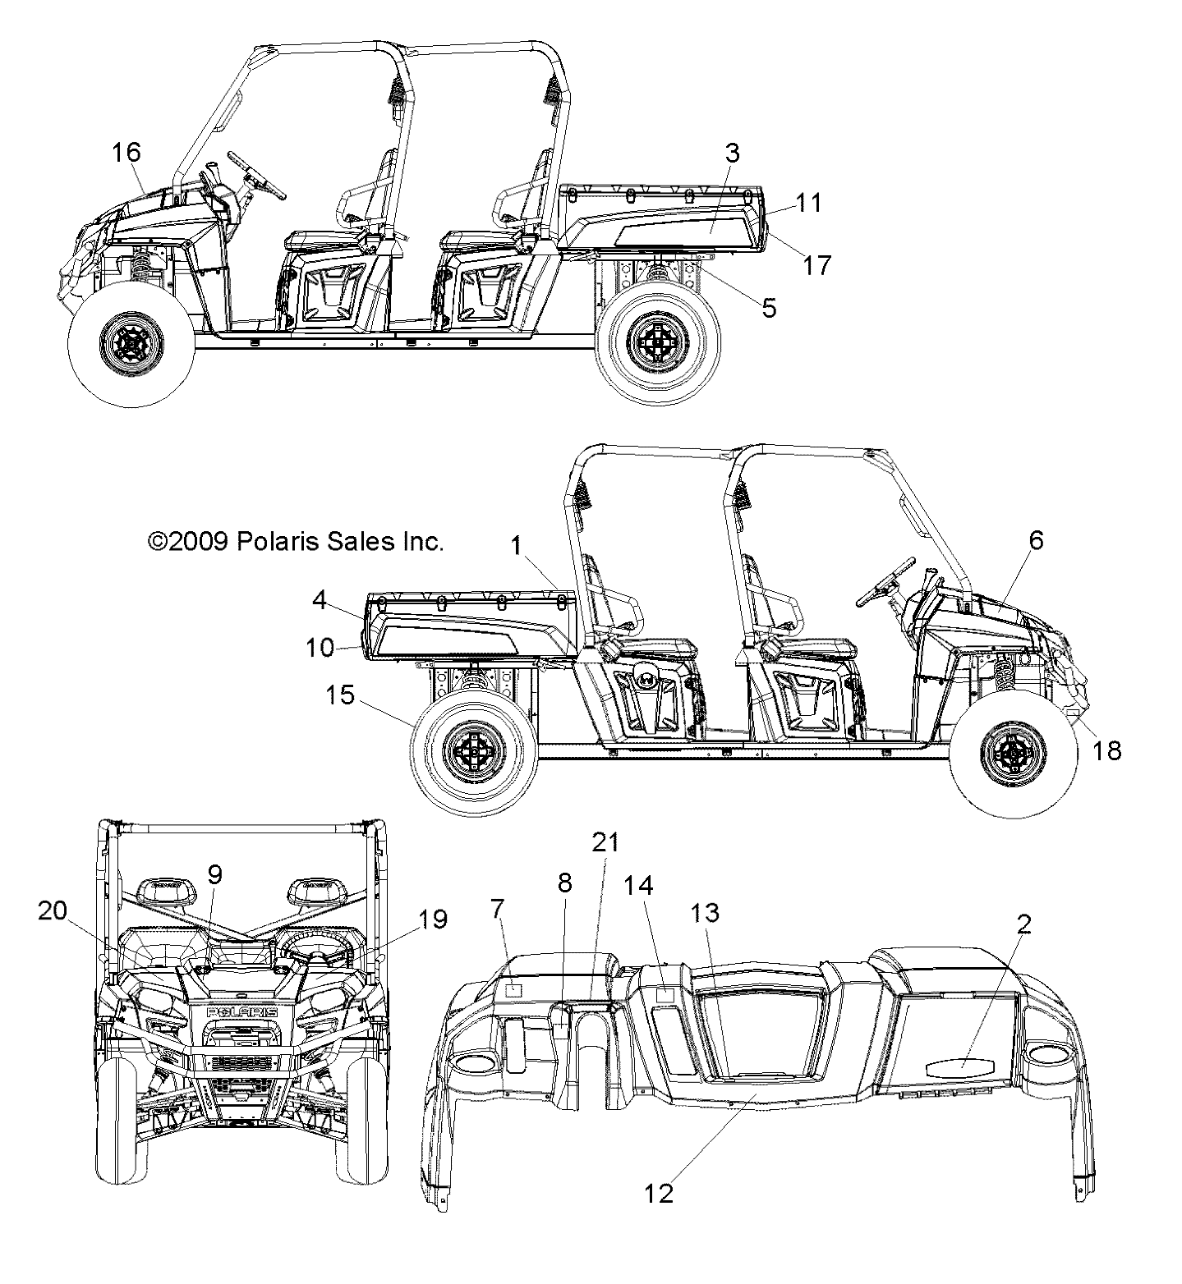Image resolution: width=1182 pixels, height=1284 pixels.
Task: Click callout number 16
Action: (126, 153)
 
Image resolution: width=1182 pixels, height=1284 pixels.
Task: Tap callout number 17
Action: (816, 264)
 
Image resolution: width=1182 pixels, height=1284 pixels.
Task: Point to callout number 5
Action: (768, 308)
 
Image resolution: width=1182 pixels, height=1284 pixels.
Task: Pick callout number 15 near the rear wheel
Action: (340, 695)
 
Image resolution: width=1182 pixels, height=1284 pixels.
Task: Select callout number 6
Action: (1036, 540)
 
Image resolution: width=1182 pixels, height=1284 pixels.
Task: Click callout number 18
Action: (1107, 750)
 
